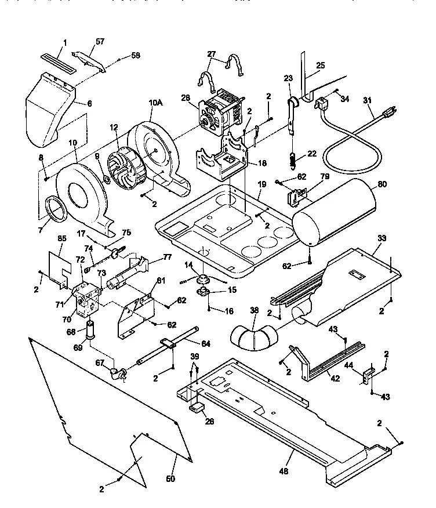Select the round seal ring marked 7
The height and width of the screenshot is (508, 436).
tap(57, 208)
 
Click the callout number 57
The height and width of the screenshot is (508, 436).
tap(100, 42)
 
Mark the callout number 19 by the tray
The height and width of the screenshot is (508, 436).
tap(261, 184)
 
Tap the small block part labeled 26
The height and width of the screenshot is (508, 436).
tap(197, 408)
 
